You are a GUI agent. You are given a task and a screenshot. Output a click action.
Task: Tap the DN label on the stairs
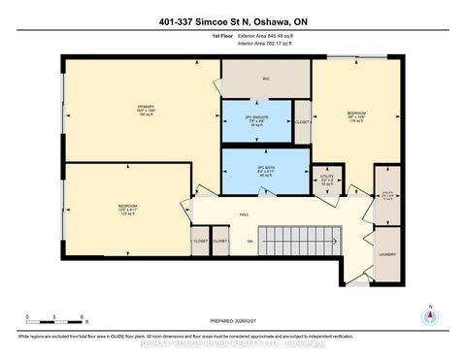tap(250, 241)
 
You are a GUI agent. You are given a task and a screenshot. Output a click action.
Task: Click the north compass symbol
tap(427, 315)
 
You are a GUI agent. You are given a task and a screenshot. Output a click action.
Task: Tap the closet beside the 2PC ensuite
tap(302, 121)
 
